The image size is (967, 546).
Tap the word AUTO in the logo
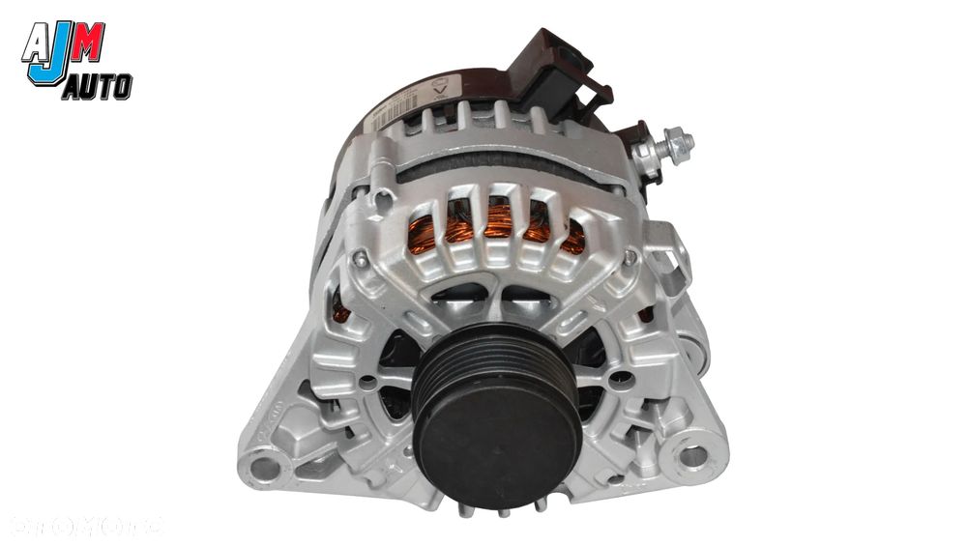[97, 89]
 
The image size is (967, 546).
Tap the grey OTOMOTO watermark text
[87, 527]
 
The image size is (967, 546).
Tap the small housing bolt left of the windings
[361, 259]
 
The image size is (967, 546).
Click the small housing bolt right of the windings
[631, 257]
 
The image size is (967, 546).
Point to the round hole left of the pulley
[366, 381]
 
